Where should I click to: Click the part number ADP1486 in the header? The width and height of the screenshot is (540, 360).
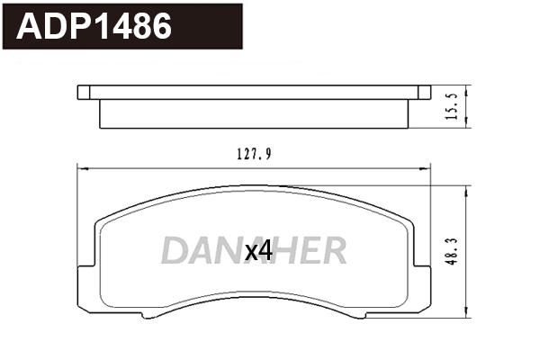94,27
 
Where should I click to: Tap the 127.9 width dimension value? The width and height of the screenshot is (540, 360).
255,154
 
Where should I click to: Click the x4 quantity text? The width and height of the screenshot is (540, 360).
258,252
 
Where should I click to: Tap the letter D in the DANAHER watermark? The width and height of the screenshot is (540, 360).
175,252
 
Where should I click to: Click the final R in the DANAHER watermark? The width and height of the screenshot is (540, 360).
334,252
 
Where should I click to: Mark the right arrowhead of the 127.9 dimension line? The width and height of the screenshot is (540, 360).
429,167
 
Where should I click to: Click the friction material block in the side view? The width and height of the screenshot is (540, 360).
255,114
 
